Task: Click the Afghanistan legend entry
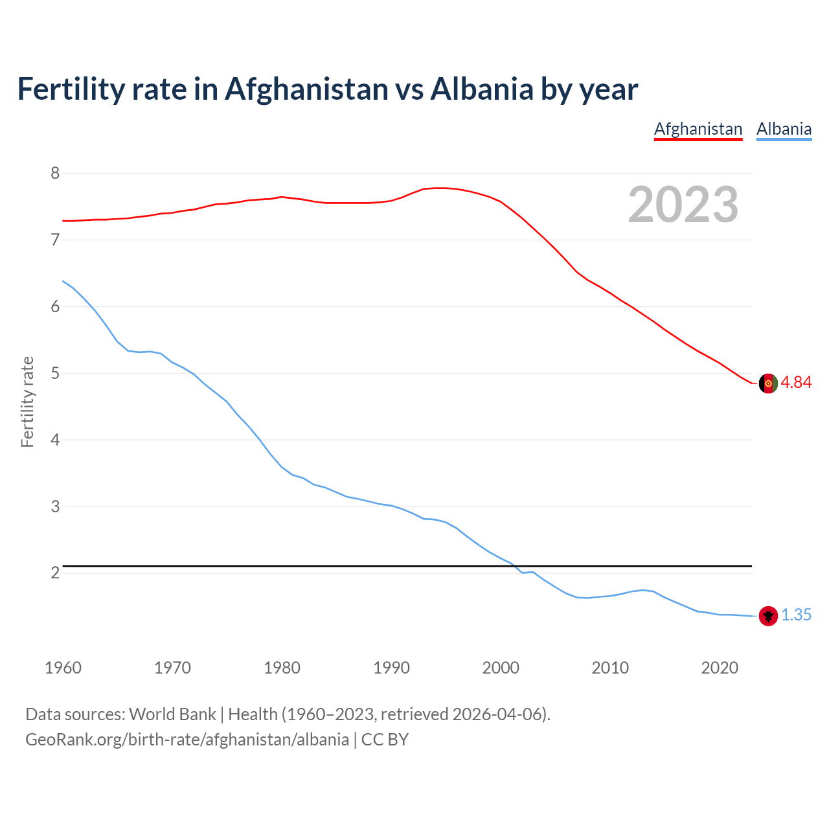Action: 698,129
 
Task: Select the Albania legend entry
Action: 784,129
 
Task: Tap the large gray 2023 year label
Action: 683,205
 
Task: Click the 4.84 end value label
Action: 796,382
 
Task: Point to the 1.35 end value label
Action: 796,615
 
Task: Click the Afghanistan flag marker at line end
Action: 768,383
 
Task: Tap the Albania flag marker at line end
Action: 768,616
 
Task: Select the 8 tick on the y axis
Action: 55,173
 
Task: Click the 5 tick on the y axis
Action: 55,373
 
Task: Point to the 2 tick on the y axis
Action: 55,573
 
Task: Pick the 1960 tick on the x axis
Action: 63,668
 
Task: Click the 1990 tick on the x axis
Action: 391,668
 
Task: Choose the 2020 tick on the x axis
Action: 720,668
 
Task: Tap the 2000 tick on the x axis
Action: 501,668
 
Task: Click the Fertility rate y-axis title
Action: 27,402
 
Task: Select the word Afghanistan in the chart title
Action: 306,89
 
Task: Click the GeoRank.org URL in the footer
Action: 187,740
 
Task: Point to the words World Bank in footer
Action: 172,714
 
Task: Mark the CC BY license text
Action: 385,740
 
